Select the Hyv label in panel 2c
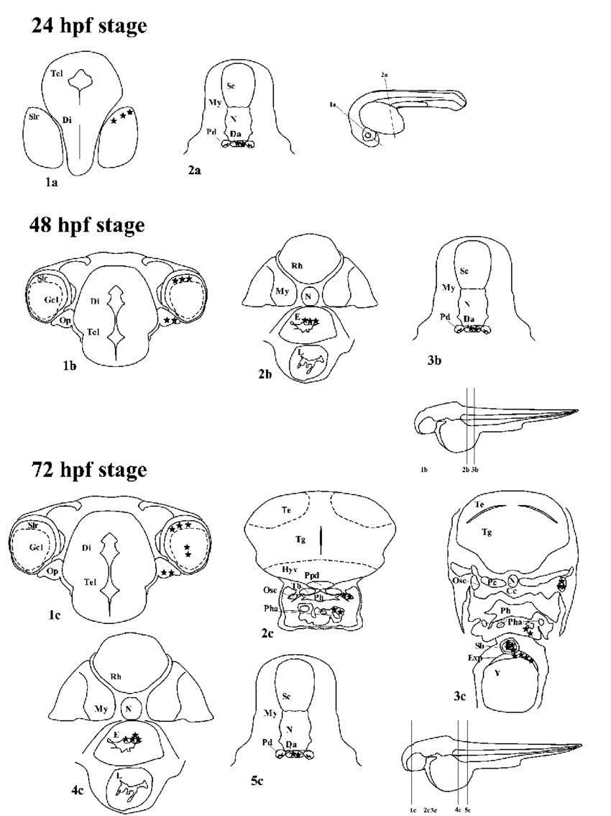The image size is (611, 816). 288,568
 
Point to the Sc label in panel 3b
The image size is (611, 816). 464,271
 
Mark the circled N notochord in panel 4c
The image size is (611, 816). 132,709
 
